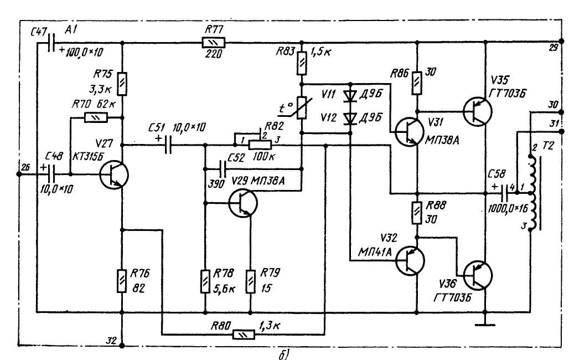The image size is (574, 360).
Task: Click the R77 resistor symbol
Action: tap(214, 42)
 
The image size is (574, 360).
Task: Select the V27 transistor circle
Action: tap(114, 174)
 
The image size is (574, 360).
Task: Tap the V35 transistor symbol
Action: tap(477, 111)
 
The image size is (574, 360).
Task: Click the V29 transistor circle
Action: tap(243, 203)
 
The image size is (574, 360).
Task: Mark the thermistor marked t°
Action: tap(302, 108)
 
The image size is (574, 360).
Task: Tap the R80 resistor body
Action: tap(243, 334)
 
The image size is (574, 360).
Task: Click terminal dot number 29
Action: tap(561, 42)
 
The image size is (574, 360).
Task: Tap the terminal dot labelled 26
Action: tap(19, 174)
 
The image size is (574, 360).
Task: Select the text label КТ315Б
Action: tap(87, 157)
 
